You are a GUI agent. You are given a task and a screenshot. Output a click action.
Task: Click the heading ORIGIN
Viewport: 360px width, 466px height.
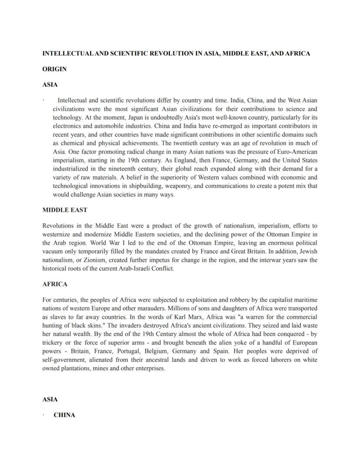pos(54,69)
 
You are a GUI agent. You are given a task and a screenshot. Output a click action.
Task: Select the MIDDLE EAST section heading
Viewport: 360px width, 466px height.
pos(65,210)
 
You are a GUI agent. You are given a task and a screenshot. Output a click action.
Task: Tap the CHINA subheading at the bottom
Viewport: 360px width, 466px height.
pos(64,415)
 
